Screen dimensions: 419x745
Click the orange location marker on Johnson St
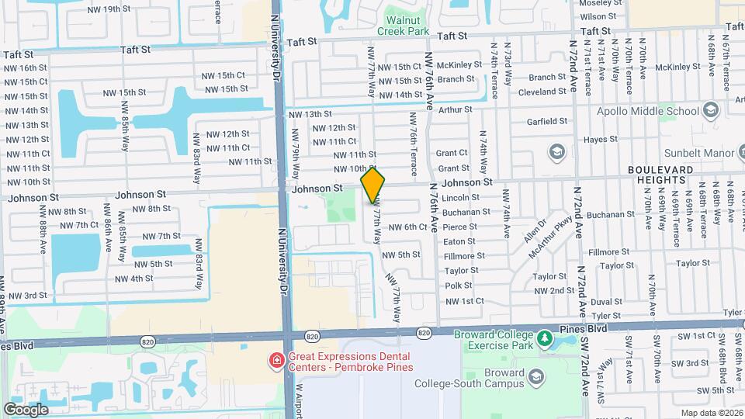(x=373, y=185)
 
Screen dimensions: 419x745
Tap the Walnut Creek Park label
(x=403, y=26)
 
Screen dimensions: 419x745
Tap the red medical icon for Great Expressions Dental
(x=275, y=360)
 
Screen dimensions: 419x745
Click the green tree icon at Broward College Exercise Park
(x=545, y=338)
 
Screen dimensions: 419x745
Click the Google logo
(x=26, y=409)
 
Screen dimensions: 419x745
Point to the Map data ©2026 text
(x=709, y=413)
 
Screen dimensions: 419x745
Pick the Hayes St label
(x=600, y=140)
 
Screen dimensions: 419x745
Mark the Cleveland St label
(x=542, y=92)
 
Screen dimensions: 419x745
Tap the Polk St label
(x=453, y=286)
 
